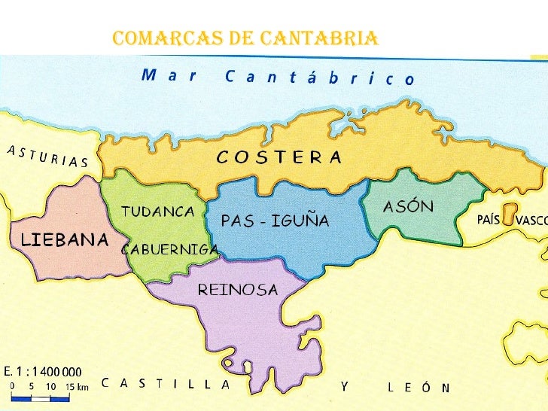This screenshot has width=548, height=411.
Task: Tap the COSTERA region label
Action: click(279, 157)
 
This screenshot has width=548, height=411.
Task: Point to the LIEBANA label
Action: click(65, 240)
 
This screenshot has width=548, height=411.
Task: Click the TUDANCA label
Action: click(158, 212)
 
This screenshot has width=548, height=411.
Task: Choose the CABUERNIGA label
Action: click(170, 249)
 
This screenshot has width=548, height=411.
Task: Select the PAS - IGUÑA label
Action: click(275, 221)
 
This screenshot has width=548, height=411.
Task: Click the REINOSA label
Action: click(238, 290)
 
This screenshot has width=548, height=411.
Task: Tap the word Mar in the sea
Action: click(168, 75)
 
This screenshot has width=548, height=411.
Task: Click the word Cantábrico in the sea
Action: click(319, 78)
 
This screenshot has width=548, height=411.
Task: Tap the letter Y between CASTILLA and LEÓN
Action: click(343, 386)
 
